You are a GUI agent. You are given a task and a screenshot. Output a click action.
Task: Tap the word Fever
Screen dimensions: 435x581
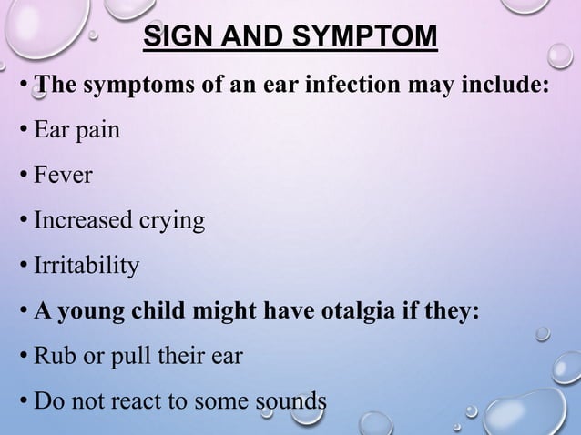coord(63,175)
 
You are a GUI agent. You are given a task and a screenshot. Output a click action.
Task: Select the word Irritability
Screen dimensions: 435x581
coord(87,266)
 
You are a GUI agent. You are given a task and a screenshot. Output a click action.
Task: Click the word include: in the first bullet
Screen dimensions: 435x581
coord(511,86)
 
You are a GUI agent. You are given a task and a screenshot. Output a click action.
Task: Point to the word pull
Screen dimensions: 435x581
coord(129,357)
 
